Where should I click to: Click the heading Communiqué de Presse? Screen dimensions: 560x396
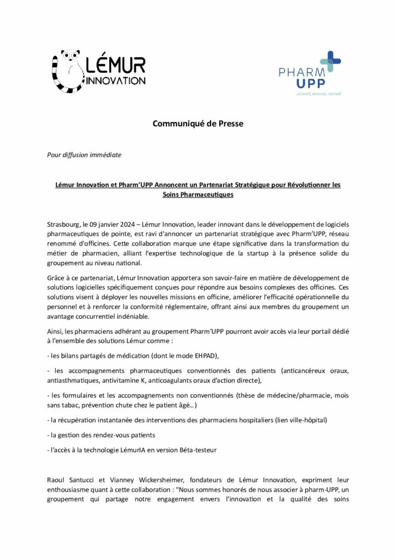(197, 124)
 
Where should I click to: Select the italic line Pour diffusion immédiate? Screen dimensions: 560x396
(84, 155)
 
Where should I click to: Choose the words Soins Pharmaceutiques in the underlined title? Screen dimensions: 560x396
(197, 195)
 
